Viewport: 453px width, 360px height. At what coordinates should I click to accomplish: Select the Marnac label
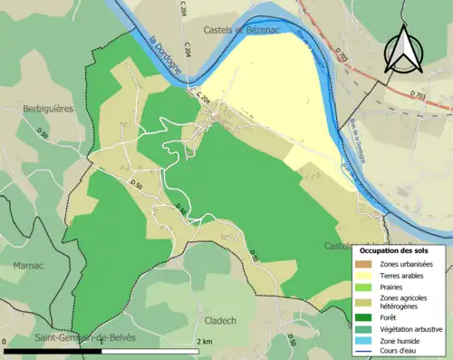point(27,266)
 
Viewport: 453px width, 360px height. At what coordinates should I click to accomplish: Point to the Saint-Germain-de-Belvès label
point(84,338)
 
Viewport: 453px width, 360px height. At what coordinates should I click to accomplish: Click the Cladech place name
point(222,320)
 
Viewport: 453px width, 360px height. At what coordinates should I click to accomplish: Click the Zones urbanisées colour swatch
point(366,264)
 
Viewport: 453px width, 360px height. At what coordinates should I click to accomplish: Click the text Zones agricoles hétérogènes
point(405,302)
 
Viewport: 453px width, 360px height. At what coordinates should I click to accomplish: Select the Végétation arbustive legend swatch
point(366,329)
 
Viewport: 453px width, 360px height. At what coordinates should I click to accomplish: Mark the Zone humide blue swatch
point(366,341)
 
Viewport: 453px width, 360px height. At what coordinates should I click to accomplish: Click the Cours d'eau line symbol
point(366,352)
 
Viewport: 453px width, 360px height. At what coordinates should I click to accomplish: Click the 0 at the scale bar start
point(6,341)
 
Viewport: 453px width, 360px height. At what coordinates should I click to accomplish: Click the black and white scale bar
point(101,350)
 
